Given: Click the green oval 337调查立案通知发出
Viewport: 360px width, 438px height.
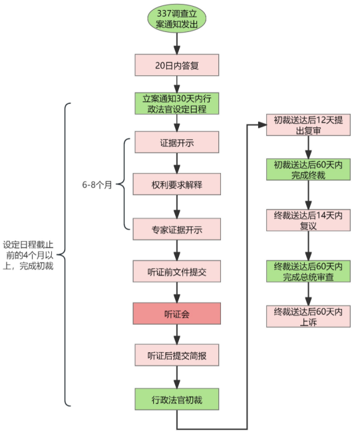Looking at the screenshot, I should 176,19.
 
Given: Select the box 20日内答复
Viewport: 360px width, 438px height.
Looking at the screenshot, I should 176,65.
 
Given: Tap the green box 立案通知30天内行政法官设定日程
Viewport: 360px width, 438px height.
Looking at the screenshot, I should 176,103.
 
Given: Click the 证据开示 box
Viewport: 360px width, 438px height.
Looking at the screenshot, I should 176,142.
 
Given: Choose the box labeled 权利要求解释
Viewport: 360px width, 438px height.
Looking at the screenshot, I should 176,185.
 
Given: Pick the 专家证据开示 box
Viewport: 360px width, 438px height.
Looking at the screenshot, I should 176,228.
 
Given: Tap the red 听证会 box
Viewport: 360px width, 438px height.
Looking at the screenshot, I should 176,314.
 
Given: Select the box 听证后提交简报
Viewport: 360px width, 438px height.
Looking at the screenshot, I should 176,355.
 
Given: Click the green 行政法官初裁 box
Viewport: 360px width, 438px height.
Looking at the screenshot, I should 176,399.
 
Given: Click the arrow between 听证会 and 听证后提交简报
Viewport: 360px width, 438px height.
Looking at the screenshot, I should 176,334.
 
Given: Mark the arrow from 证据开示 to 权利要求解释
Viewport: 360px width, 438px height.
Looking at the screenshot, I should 176,164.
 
